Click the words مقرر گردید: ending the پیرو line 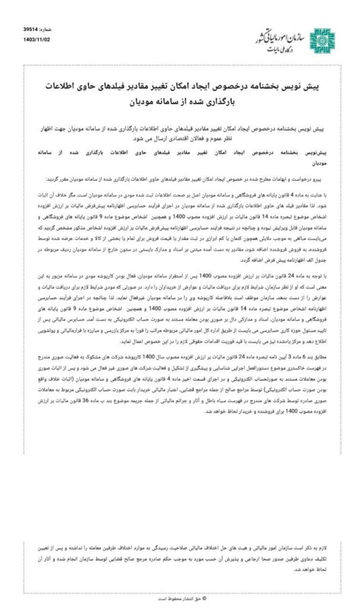[x=57, y=178]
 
